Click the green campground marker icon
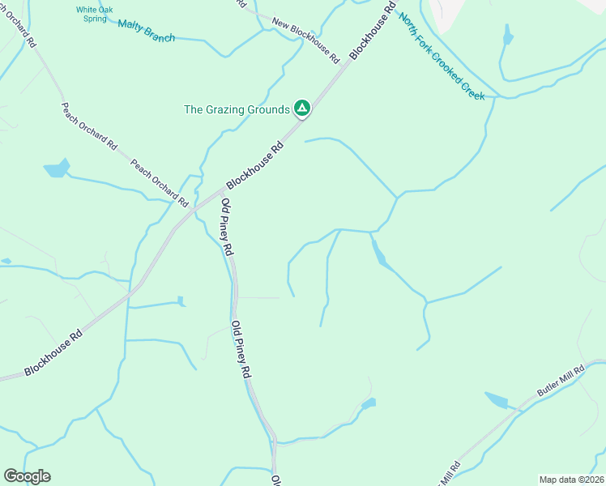[x=302, y=108]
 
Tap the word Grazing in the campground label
[x=223, y=109]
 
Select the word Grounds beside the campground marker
[x=267, y=109]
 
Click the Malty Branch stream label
[x=146, y=30]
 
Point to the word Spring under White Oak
[x=94, y=19]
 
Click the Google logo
[x=27, y=476]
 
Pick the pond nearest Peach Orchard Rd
[x=57, y=168]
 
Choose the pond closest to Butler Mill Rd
[x=496, y=400]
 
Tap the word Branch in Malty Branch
[x=160, y=34]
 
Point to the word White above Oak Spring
[x=88, y=10]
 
